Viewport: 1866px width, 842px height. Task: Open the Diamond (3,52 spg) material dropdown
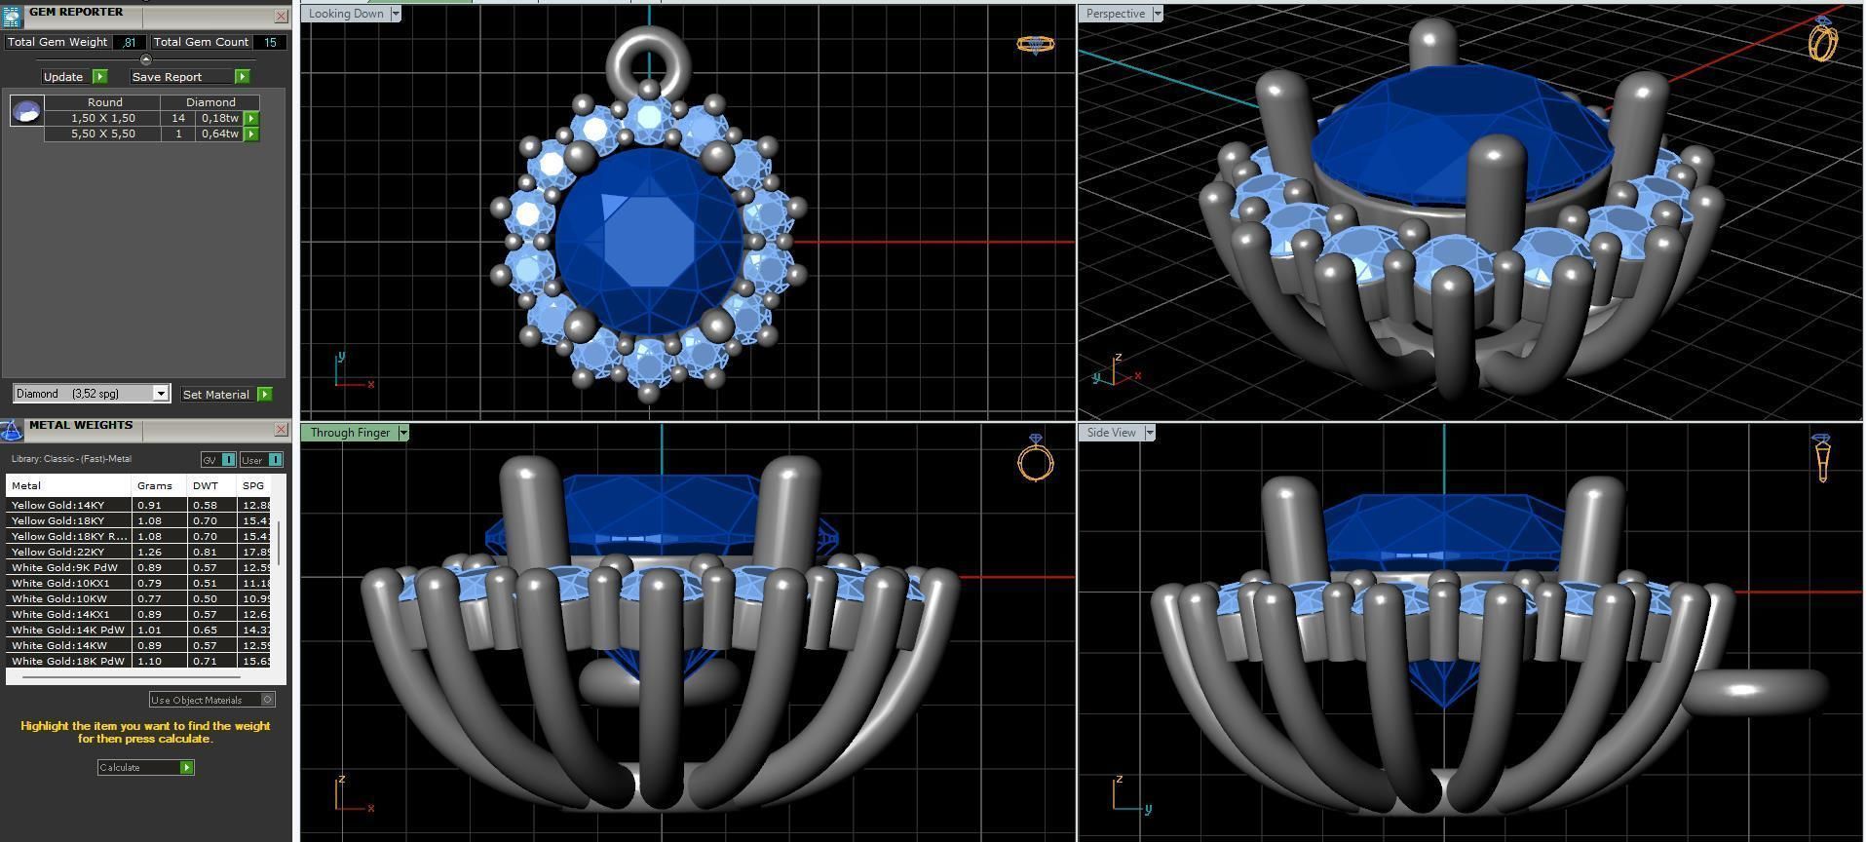click(161, 394)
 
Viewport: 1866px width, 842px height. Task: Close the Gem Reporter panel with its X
click(281, 16)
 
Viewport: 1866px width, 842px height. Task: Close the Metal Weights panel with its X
click(281, 429)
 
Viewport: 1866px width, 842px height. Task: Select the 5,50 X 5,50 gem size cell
click(102, 134)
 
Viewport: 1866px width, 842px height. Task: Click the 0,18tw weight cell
click(219, 118)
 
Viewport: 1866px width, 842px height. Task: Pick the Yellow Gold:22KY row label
click(57, 552)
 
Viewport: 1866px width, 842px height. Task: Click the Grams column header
click(154, 485)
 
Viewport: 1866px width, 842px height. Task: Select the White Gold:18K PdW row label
click(67, 661)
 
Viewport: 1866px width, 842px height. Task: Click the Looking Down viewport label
click(346, 14)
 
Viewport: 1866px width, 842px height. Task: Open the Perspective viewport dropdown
click(1157, 14)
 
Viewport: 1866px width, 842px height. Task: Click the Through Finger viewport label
click(350, 433)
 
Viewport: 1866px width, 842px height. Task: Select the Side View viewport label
click(1111, 433)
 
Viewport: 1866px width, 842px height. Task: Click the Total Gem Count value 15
click(270, 42)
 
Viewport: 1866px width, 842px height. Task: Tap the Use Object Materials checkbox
click(268, 700)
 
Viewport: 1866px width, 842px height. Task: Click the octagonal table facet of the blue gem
click(648, 239)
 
